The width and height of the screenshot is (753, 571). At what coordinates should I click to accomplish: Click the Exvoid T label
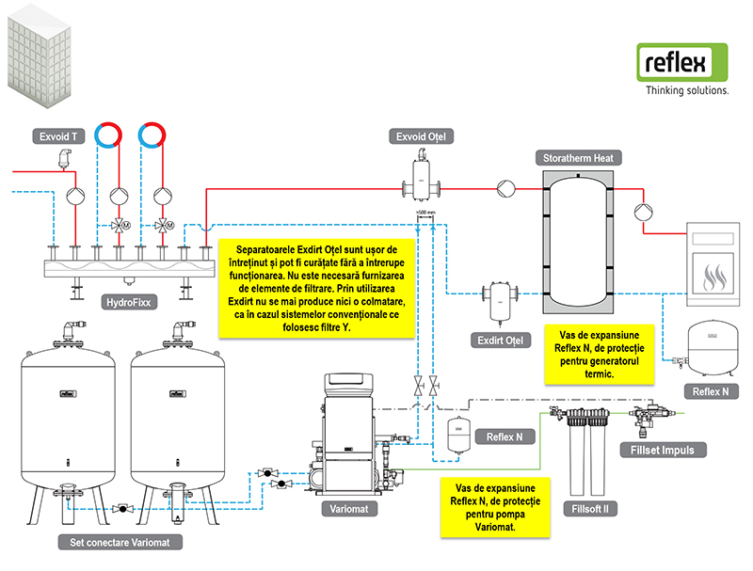coord(58,136)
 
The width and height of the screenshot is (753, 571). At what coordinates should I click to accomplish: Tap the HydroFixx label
coord(129,302)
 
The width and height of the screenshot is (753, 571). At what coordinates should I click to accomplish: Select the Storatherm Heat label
coord(578,158)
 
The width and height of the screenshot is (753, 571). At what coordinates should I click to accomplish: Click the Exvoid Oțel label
coord(421,136)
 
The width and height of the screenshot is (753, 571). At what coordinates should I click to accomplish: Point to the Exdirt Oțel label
coord(501,341)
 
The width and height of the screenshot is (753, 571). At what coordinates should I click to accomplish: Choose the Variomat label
coord(349,509)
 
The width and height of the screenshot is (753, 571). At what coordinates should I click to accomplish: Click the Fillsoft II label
coord(590,509)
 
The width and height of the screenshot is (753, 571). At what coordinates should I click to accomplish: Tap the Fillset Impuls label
coord(663,450)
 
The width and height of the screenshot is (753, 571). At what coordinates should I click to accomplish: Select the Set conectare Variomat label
coord(120,542)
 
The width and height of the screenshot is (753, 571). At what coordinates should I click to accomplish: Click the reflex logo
coord(682,63)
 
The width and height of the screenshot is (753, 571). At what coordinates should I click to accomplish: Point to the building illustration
coord(40,56)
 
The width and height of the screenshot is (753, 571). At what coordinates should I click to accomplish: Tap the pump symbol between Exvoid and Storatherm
coord(505,188)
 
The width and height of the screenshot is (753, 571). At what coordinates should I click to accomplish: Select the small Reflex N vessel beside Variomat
coord(458,435)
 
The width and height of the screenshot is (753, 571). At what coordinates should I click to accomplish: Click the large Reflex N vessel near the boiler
coord(713,348)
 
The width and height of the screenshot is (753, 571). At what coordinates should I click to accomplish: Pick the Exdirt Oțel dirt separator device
coord(500,301)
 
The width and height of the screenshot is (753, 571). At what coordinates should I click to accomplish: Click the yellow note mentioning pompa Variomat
coord(495,507)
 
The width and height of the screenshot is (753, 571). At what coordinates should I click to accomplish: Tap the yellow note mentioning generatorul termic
coord(600,355)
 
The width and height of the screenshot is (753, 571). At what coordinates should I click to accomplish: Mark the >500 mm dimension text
coord(425,212)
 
